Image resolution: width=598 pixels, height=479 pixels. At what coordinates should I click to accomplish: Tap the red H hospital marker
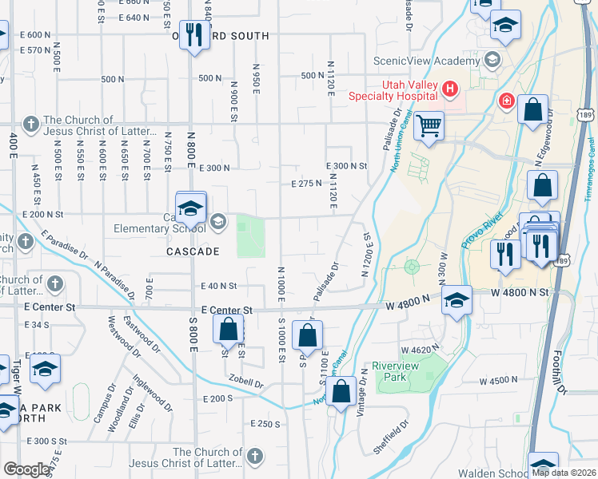[x=450, y=88]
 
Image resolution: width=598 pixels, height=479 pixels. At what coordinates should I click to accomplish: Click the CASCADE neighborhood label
[x=193, y=251]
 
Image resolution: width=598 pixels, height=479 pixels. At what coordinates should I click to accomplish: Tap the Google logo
[x=26, y=469]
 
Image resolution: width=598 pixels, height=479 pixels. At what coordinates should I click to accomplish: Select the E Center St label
[x=227, y=310]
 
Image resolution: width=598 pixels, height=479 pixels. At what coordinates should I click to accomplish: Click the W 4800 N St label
[x=520, y=292]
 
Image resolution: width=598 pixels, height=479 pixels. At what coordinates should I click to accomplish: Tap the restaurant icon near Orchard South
[x=194, y=34]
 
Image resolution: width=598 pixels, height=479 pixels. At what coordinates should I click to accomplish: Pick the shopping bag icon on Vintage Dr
[x=341, y=393]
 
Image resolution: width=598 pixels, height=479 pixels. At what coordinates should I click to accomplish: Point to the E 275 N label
[x=306, y=183]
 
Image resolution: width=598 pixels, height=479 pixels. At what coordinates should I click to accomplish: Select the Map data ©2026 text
[x=564, y=473]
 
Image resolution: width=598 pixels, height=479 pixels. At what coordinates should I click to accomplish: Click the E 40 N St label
[x=219, y=285]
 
